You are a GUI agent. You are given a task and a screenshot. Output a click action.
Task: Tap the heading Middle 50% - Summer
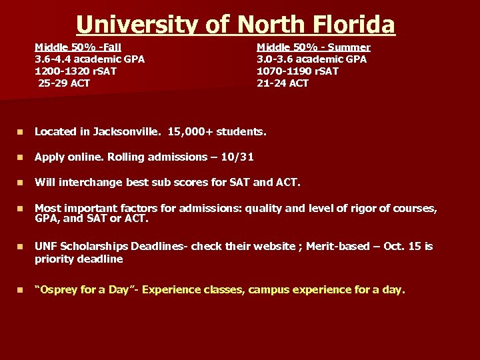(x=313, y=47)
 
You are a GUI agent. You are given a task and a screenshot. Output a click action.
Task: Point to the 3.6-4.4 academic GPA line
(x=89, y=59)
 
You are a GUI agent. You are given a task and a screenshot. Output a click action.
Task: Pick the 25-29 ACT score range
(x=64, y=83)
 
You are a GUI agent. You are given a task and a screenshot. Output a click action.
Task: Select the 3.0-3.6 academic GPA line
(x=311, y=59)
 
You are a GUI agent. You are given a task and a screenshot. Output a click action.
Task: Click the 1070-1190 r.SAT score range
(x=297, y=71)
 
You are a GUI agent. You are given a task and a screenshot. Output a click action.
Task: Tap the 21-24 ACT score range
(x=283, y=83)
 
